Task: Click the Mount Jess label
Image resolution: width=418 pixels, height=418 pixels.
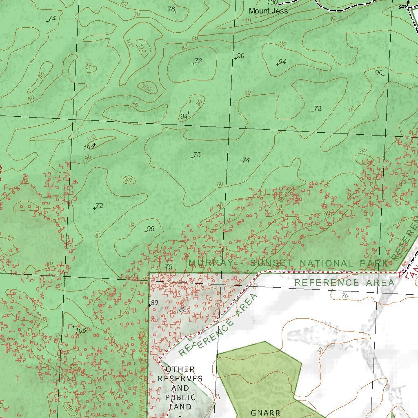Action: tap(268, 11)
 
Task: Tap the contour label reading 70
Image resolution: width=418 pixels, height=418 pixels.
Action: tap(345, 295)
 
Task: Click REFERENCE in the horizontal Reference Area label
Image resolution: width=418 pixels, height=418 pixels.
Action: tap(327, 282)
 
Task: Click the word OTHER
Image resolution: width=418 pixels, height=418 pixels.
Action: tap(180, 369)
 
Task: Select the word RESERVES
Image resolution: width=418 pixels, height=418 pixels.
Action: tap(180, 379)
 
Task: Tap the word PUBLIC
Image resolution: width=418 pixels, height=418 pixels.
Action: tap(180, 398)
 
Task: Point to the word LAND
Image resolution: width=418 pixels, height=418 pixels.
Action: tap(180, 407)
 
